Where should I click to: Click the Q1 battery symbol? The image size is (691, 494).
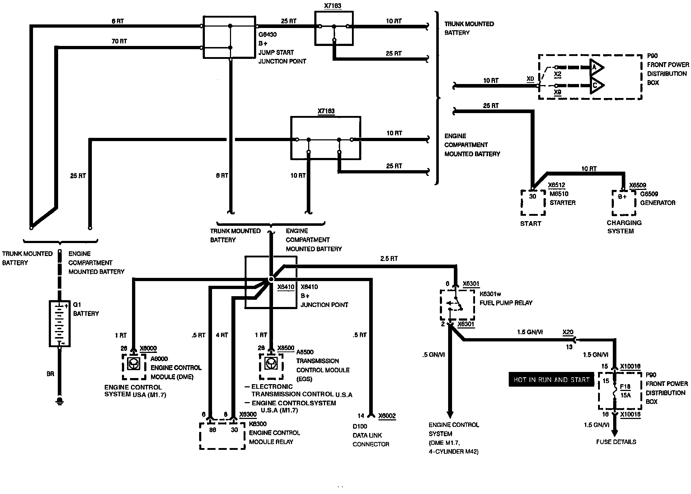pos(60,323)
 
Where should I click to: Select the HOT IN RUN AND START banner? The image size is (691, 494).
pos(551,380)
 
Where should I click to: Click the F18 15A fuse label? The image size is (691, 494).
pos(625,391)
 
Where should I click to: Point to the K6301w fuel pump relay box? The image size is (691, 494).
pos(457,305)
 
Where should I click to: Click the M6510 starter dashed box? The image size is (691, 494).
pos(533,202)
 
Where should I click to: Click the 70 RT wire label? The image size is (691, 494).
pos(119,41)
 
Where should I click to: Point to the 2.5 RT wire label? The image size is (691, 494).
pos(389,258)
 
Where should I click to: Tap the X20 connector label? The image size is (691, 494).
pos(568,332)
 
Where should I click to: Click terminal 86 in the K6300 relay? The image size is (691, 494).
pos(213,430)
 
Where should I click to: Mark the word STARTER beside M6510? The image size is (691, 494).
pos(563,203)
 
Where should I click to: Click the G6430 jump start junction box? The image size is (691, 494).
pos(230,37)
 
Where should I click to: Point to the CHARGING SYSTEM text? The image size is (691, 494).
pos(624,227)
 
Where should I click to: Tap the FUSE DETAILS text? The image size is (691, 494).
pos(616,442)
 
